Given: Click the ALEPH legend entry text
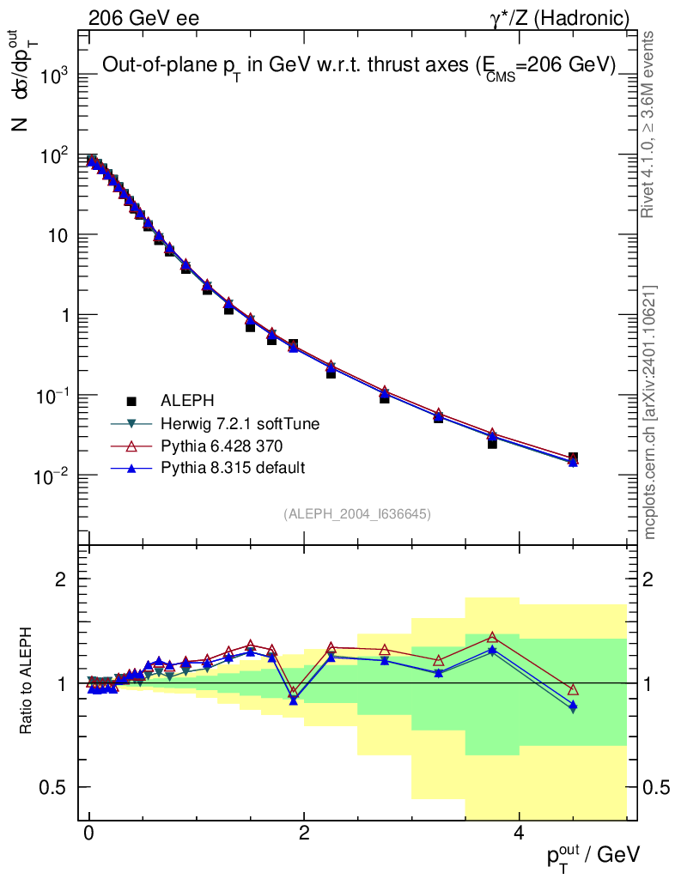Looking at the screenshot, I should coord(188,401).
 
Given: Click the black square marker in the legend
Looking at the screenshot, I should coord(131,401).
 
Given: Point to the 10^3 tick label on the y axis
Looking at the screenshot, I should coord(51,76).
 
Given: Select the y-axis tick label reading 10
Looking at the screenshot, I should coord(57,236).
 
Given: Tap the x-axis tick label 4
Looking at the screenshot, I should coord(519,834).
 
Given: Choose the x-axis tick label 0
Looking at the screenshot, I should coord(89,834).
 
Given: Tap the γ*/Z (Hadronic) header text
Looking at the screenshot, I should coord(560,17).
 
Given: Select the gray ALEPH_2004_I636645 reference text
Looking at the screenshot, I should coord(356,514).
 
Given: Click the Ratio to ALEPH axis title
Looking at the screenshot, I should coord(26,682).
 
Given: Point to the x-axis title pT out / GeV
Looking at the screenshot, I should coord(593,854).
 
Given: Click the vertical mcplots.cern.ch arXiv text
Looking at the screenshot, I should coord(651,412).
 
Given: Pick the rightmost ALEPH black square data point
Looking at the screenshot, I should coord(573,458).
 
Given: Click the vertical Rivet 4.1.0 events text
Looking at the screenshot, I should coord(650,124).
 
